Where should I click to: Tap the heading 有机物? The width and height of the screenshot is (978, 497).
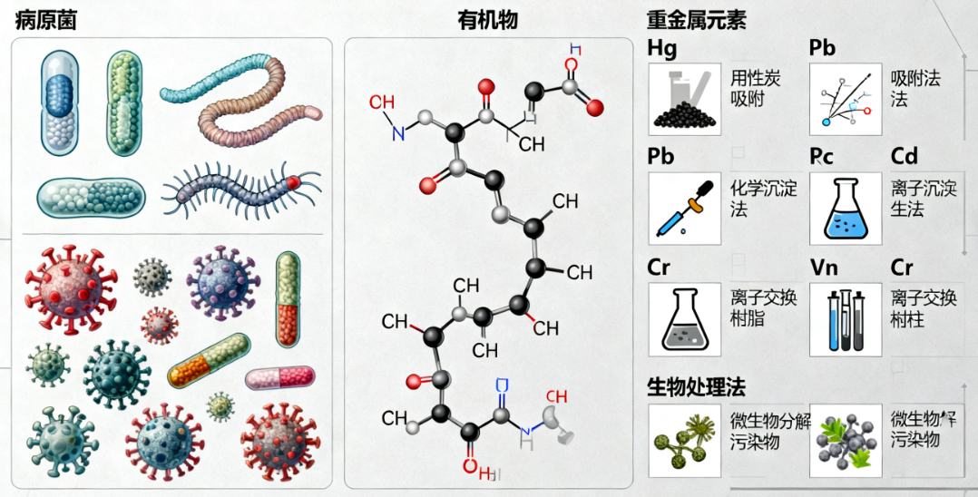(487, 21)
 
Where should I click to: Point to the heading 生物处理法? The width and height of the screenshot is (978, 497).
(696, 386)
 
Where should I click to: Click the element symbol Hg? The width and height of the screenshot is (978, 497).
(662, 47)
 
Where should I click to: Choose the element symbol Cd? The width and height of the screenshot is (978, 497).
(905, 156)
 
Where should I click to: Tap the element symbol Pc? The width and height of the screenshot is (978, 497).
(822, 156)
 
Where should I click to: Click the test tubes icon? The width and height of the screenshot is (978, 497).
(844, 319)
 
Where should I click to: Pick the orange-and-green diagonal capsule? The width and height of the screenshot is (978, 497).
(208, 360)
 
